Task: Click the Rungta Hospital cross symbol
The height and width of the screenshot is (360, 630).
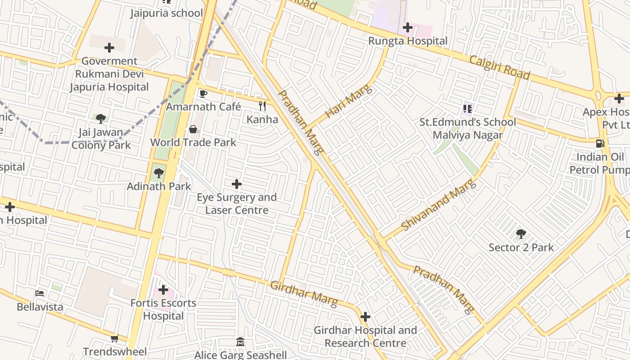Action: click(408, 28)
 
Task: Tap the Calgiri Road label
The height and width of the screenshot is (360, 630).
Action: click(499, 67)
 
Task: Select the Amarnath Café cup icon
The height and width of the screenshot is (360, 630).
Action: click(203, 94)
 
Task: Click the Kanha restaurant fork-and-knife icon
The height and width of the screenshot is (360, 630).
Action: click(262, 106)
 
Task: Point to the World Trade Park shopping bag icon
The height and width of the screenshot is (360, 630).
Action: click(193, 130)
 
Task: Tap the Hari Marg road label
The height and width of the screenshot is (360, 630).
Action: click(349, 102)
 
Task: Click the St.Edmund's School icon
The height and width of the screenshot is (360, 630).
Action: click(467, 108)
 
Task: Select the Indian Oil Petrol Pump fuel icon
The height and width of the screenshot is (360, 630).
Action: click(600, 144)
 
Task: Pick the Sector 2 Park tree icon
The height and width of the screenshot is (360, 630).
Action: click(521, 234)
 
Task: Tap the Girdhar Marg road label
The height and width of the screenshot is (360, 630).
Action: click(304, 294)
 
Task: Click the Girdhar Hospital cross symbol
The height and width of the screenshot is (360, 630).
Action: click(365, 317)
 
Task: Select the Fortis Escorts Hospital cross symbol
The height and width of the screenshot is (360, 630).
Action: click(163, 290)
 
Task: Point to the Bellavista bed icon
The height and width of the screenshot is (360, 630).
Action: click(40, 294)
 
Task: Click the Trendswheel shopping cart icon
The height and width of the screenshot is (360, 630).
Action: click(114, 338)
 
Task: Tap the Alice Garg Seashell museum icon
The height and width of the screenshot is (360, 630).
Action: click(240, 342)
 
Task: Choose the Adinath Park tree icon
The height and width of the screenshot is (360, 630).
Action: click(158, 173)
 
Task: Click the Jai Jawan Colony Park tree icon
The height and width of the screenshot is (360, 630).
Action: click(101, 119)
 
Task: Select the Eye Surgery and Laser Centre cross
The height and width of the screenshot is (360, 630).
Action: click(237, 184)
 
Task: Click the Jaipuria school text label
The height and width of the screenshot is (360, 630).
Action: click(166, 13)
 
